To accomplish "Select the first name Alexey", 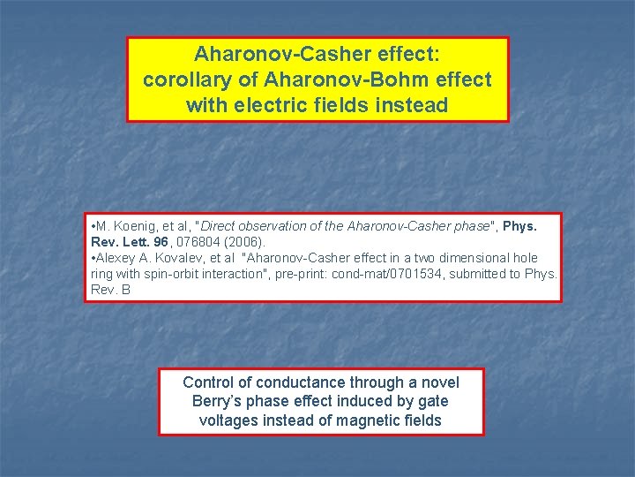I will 116,258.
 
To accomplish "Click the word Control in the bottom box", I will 208,382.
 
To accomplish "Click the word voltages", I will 228,420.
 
